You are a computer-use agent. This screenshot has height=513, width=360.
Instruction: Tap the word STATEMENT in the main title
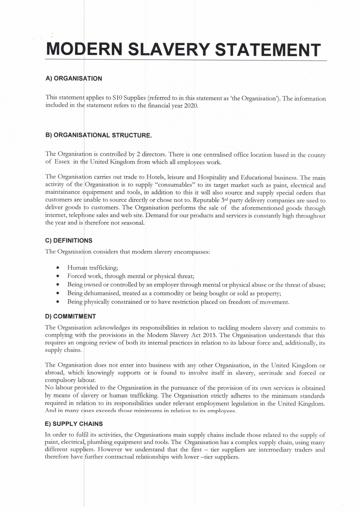[x=267, y=50]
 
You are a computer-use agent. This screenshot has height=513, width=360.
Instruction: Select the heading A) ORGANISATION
[x=74, y=78]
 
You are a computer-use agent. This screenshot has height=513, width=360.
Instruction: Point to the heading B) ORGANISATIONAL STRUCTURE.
[x=98, y=135]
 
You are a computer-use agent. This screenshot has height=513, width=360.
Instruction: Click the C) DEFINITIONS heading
[x=69, y=240]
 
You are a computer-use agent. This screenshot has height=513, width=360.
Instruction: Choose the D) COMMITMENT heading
[x=70, y=316]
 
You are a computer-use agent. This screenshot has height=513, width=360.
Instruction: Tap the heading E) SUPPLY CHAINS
[x=74, y=424]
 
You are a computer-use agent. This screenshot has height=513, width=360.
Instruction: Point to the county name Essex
[x=62, y=162]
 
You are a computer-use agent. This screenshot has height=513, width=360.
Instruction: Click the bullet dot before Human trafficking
[x=58, y=268]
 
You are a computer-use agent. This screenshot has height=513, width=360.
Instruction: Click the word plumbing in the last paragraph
[x=100, y=443]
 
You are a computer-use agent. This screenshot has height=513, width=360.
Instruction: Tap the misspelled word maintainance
[x=63, y=192]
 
